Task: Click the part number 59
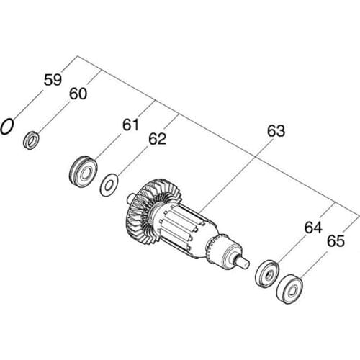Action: [x=53, y=80]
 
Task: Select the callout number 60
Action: [x=78, y=94]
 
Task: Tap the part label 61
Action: [x=130, y=125]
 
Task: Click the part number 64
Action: [x=312, y=228]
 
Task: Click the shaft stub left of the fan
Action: [x=130, y=195]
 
